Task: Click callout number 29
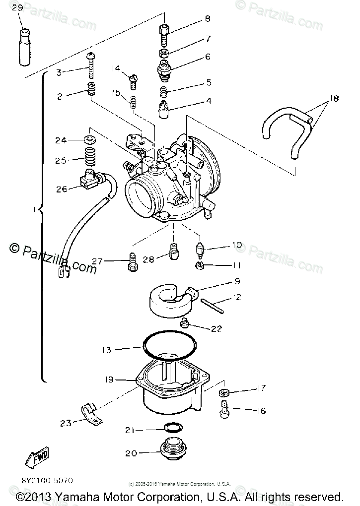[x=17, y=8]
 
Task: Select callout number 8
[x=207, y=19]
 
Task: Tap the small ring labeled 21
[x=172, y=428]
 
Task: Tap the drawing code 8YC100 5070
[x=48, y=480]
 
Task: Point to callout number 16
[x=261, y=411]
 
